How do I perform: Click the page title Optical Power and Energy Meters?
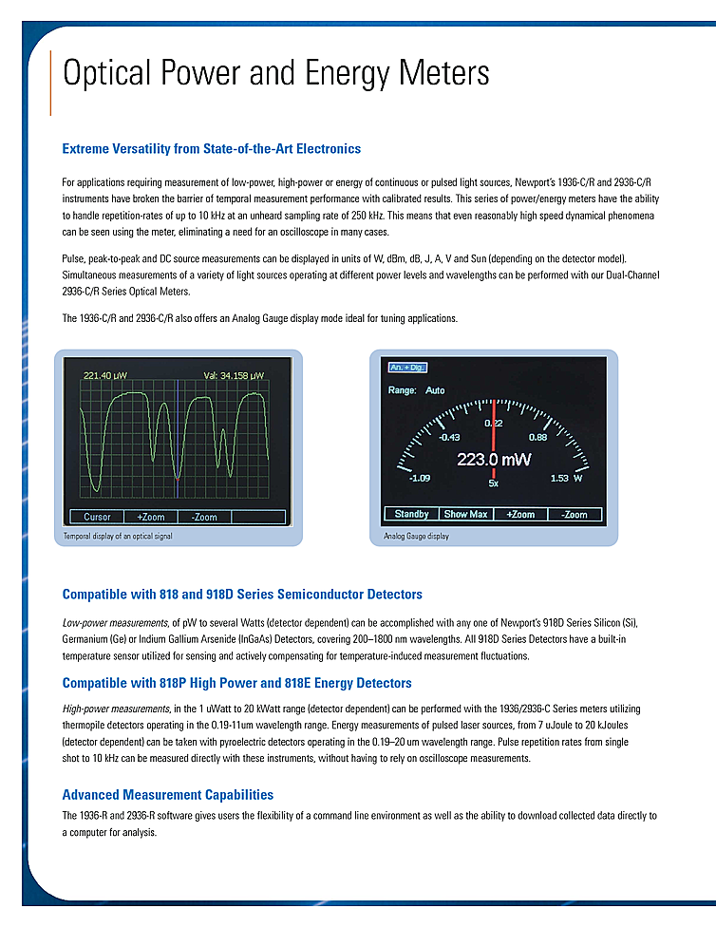pos(275,73)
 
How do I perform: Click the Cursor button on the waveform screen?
pos(98,518)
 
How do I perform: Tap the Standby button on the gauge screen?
pos(411,514)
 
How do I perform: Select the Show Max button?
pos(465,514)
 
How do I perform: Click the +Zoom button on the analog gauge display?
pos(520,514)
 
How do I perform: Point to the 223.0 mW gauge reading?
pos(494,460)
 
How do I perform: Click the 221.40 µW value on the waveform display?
pos(104,375)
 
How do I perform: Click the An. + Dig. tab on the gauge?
pos(405,367)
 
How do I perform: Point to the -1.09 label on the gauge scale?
pos(419,479)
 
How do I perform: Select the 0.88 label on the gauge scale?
pos(537,438)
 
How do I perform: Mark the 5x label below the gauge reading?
pos(494,483)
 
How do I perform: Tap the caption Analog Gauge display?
pos(417,538)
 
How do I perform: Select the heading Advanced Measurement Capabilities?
pos(167,795)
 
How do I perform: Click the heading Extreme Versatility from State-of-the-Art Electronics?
pos(211,149)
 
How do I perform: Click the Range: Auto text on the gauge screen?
pos(416,390)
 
